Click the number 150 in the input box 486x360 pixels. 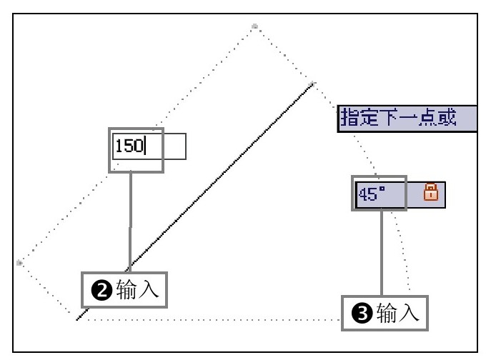[x=129, y=146]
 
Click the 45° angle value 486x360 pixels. [x=372, y=194]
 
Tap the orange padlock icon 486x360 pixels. [x=431, y=192]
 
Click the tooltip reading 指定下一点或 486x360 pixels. [x=407, y=117]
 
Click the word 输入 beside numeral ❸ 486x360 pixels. [x=397, y=313]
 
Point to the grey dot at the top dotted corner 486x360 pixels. [x=254, y=26]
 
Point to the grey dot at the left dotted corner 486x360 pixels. [x=19, y=262]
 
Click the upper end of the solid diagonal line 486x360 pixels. [x=312, y=84]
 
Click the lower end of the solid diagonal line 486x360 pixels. [x=77, y=319]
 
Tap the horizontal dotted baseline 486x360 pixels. [x=214, y=319]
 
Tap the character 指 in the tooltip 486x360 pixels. [x=350, y=117]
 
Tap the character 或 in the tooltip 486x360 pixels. [x=466, y=117]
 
